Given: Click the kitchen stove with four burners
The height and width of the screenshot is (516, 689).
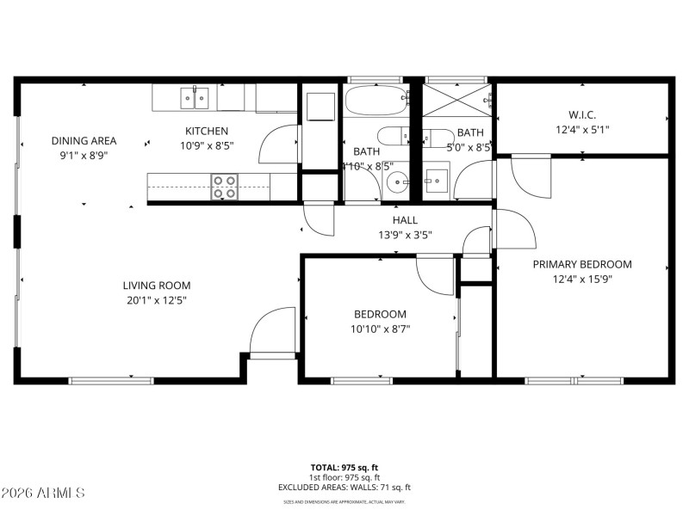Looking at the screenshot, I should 225,187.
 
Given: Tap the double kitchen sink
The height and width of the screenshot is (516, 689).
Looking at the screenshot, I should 196,98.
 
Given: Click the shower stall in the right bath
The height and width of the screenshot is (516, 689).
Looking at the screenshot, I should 456,102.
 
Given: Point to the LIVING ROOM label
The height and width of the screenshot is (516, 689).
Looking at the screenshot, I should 156,286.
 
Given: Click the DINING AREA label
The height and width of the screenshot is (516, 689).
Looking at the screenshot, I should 84,141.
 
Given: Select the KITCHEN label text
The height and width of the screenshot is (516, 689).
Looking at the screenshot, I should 207,131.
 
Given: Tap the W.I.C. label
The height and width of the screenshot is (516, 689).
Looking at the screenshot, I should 582,114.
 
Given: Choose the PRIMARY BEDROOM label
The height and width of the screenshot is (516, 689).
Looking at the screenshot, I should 582,264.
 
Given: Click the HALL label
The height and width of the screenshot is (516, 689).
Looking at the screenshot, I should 406,220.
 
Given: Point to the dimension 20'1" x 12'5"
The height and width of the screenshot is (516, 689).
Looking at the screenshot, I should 156,300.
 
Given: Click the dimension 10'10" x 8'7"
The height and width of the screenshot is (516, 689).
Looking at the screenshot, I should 381,328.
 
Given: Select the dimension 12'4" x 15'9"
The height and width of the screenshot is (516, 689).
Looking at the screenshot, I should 582,279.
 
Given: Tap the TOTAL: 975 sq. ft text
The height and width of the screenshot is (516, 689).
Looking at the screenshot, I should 344,468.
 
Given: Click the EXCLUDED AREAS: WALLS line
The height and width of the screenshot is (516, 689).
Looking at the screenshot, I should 344,487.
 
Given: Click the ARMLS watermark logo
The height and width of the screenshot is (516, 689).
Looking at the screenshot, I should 43,493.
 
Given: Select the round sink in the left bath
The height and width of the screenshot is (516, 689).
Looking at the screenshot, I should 396,181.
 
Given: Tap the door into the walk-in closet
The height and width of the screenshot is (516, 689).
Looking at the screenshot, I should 528,175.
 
